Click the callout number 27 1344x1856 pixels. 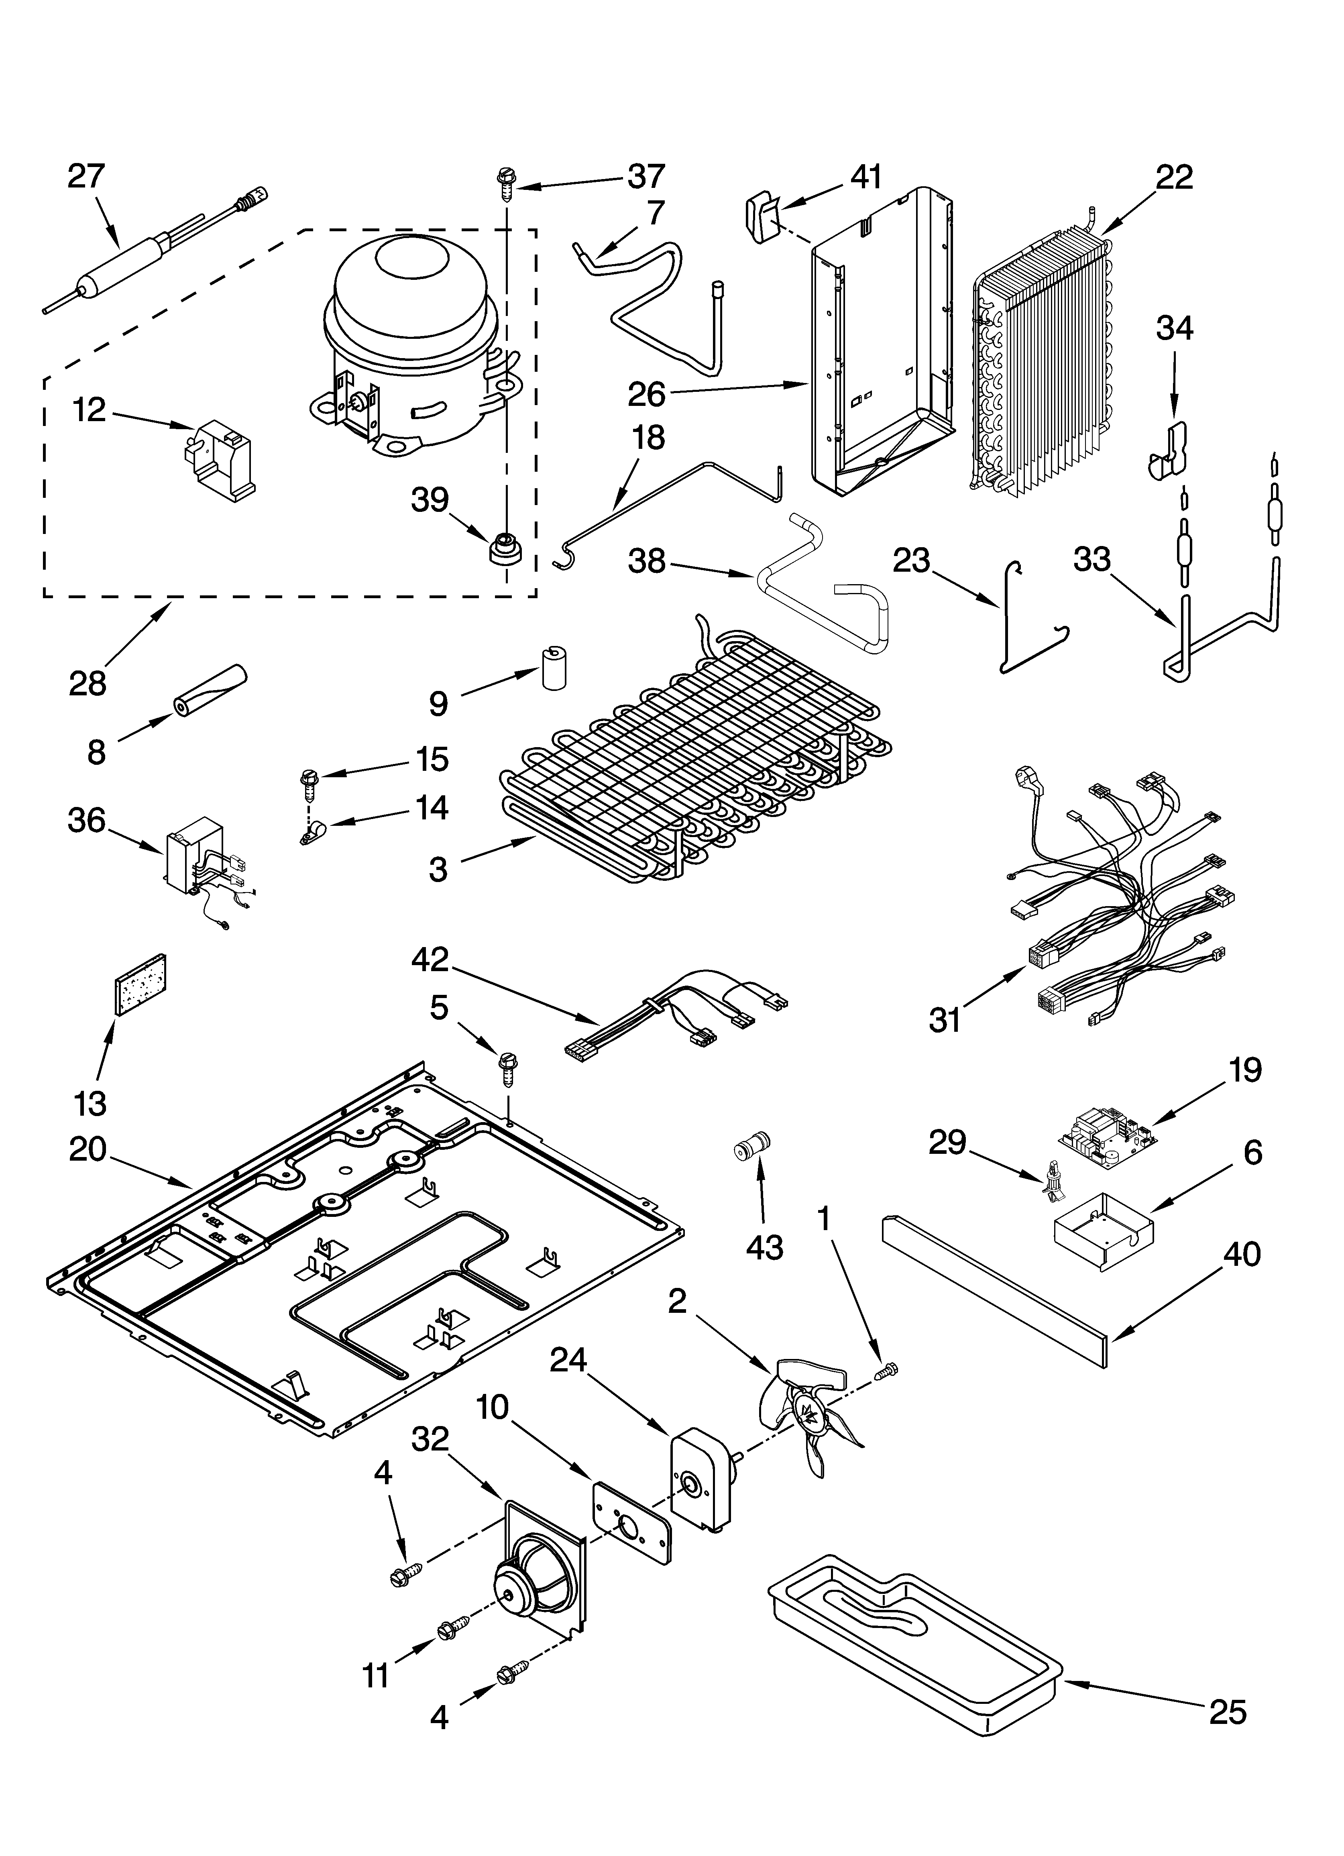[x=87, y=177]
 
